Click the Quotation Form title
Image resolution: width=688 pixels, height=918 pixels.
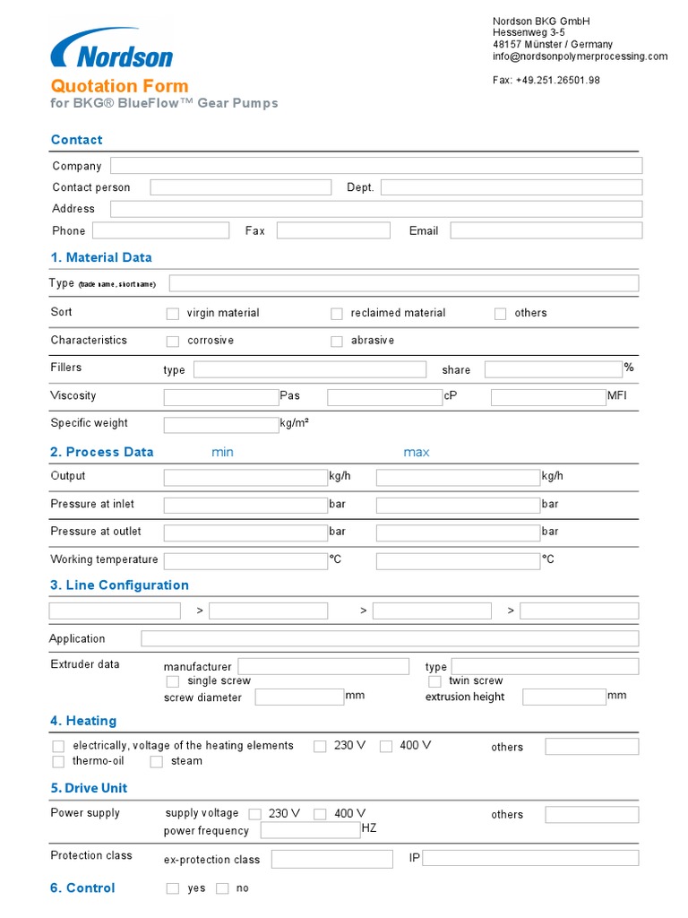[x=119, y=86]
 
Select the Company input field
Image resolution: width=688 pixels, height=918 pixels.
[x=375, y=166]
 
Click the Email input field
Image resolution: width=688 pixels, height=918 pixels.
[x=546, y=230]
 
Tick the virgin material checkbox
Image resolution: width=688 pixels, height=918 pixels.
[x=173, y=314]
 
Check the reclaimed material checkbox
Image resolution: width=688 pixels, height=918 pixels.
[x=337, y=314]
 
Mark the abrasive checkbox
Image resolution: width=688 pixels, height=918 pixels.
[x=337, y=342]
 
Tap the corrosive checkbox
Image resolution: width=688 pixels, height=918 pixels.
[x=173, y=342]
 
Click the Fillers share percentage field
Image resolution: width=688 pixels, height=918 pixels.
[x=553, y=369]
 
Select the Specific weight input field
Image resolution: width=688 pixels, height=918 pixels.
[x=221, y=424]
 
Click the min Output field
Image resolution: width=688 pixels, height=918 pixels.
[x=245, y=478]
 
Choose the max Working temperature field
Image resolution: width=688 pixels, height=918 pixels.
[x=458, y=561]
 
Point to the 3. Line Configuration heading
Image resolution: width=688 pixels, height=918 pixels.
[x=119, y=585]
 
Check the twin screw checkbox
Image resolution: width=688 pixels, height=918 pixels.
[x=434, y=682]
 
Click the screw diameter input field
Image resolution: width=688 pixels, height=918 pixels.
[x=299, y=697]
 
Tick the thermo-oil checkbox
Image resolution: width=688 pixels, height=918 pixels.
[x=58, y=762]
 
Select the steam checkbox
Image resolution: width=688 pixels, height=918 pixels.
[x=156, y=762]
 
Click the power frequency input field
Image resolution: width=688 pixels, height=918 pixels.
[x=310, y=830]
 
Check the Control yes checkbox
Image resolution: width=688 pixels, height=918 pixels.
[x=173, y=888]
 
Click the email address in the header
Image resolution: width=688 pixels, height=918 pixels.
[x=580, y=56]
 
